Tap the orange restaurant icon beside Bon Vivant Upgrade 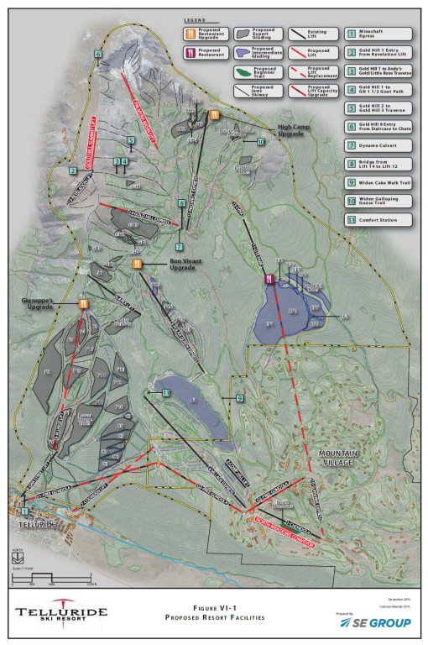[x=137, y=263]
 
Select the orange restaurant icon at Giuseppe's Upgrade [x=83, y=304]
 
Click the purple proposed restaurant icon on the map [x=268, y=279]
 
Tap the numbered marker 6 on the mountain [x=98, y=54]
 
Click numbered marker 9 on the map [x=239, y=398]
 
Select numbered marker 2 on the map [x=73, y=171]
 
